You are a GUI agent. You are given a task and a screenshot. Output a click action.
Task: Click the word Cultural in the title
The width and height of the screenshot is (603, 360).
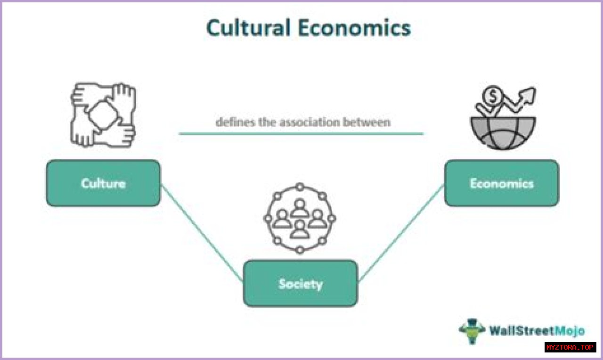point(249,28)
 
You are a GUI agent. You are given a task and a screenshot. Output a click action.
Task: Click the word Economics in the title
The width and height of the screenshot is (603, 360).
point(354,28)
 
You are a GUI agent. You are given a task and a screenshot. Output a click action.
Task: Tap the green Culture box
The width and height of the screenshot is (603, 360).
point(103,183)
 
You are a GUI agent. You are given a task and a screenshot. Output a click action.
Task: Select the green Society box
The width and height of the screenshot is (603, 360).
point(300,283)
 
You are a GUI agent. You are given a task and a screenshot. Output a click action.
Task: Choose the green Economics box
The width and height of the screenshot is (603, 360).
point(501,183)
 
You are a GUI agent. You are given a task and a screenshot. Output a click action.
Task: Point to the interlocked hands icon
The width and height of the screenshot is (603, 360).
point(103,115)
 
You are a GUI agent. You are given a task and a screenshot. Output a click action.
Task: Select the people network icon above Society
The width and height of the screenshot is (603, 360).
point(300,218)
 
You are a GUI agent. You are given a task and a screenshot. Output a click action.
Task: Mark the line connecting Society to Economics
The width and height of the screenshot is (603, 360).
point(401,233)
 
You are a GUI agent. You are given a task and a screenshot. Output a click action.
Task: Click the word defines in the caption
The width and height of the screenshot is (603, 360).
point(232,122)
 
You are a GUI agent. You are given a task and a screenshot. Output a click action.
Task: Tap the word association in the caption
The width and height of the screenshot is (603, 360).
point(307,122)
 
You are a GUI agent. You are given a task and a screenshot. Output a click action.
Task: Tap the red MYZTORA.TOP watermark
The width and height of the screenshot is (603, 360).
point(570,347)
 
